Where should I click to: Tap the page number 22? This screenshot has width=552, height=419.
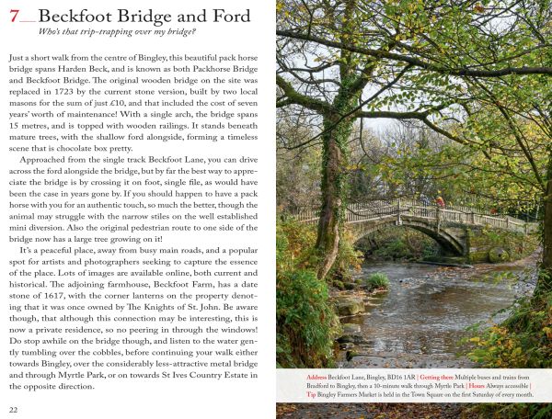[14, 409]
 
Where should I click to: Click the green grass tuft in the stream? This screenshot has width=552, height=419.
[378, 279]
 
